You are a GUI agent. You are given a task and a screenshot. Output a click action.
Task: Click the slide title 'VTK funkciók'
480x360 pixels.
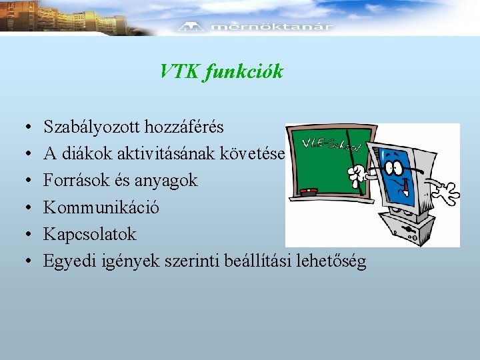[x=221, y=71]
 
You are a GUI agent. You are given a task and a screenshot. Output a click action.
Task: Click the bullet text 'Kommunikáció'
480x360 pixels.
[x=101, y=207]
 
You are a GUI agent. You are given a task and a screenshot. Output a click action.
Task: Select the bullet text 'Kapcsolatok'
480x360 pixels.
[x=89, y=234]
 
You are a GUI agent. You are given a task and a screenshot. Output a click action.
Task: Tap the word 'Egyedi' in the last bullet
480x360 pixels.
[x=67, y=261]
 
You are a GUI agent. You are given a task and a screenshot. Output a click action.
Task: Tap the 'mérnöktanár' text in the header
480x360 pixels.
[x=271, y=27]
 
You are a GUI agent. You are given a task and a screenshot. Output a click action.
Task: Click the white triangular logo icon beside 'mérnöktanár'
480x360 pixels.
[x=192, y=27]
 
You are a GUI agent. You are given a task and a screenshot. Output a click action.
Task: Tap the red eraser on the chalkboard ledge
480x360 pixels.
[x=309, y=191]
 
